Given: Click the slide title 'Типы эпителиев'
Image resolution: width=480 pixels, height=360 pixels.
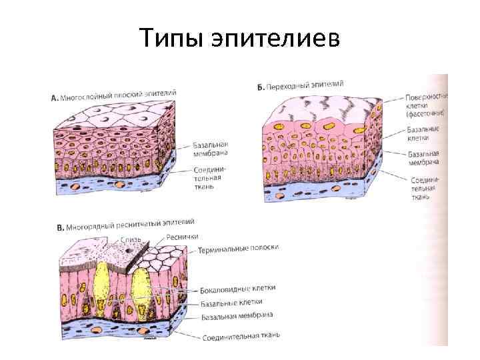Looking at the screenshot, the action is pyautogui.click(x=239, y=37).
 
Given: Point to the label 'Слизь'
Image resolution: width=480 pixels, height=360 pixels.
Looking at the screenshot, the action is pyautogui.click(x=130, y=239).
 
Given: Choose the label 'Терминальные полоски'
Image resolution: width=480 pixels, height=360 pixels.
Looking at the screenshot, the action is pyautogui.click(x=238, y=249).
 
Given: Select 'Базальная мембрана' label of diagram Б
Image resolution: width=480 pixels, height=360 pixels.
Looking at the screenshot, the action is pyautogui.click(x=423, y=157).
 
